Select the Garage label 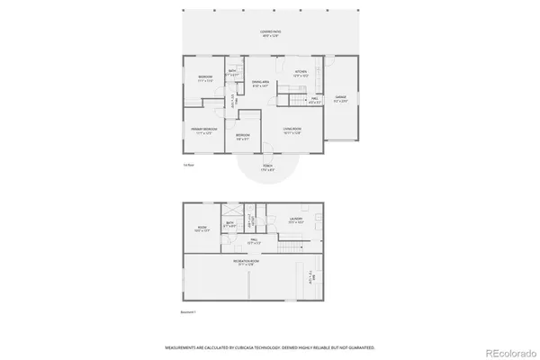pyautogui.click(x=341, y=98)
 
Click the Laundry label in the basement pyautogui.click(x=296, y=219)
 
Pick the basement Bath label pyautogui.click(x=230, y=223)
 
